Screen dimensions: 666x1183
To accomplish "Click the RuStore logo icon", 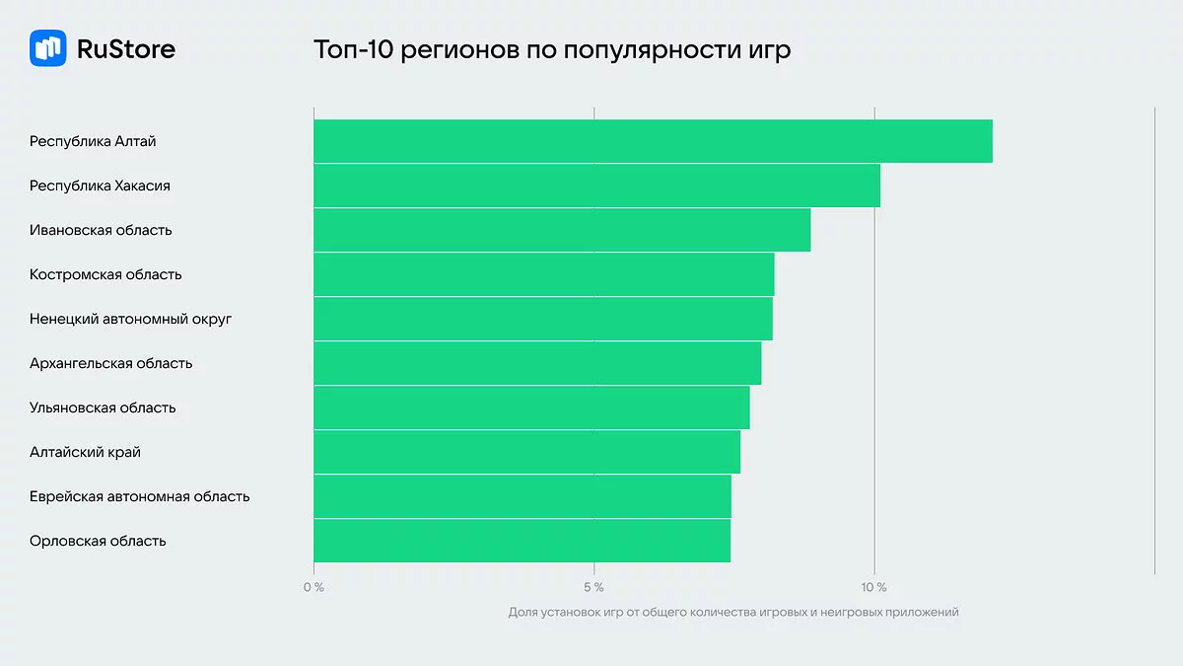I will (x=48, y=48).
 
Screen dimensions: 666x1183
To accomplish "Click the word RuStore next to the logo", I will (x=125, y=48).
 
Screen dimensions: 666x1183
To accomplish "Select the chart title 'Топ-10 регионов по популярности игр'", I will (x=552, y=49).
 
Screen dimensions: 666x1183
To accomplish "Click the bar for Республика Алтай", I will (x=653, y=141).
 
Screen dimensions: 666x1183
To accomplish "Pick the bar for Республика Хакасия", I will (x=596, y=185).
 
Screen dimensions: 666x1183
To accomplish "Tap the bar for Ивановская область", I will (x=562, y=230).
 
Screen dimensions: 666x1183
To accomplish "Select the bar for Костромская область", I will (x=543, y=274).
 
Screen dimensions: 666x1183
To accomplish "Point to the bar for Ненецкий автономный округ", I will (x=542, y=319).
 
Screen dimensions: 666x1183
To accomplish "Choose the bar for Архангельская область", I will (x=537, y=363).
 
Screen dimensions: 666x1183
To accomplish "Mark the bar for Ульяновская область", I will (x=531, y=407).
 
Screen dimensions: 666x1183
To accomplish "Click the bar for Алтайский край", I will (x=526, y=452).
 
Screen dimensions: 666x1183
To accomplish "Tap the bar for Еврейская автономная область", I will (x=522, y=496).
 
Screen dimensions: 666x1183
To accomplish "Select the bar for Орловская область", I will (x=522, y=541).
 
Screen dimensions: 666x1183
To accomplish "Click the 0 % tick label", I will (x=313, y=588).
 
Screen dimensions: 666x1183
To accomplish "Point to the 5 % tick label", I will (x=593, y=588).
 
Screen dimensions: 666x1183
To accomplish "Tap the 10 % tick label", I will (x=873, y=588).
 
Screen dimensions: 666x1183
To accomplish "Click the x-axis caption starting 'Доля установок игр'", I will (x=733, y=613).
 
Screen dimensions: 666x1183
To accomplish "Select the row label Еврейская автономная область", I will (x=139, y=496).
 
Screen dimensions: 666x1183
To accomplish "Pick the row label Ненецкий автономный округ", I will (x=130, y=319).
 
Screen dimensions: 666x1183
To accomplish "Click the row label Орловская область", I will (x=98, y=541).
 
